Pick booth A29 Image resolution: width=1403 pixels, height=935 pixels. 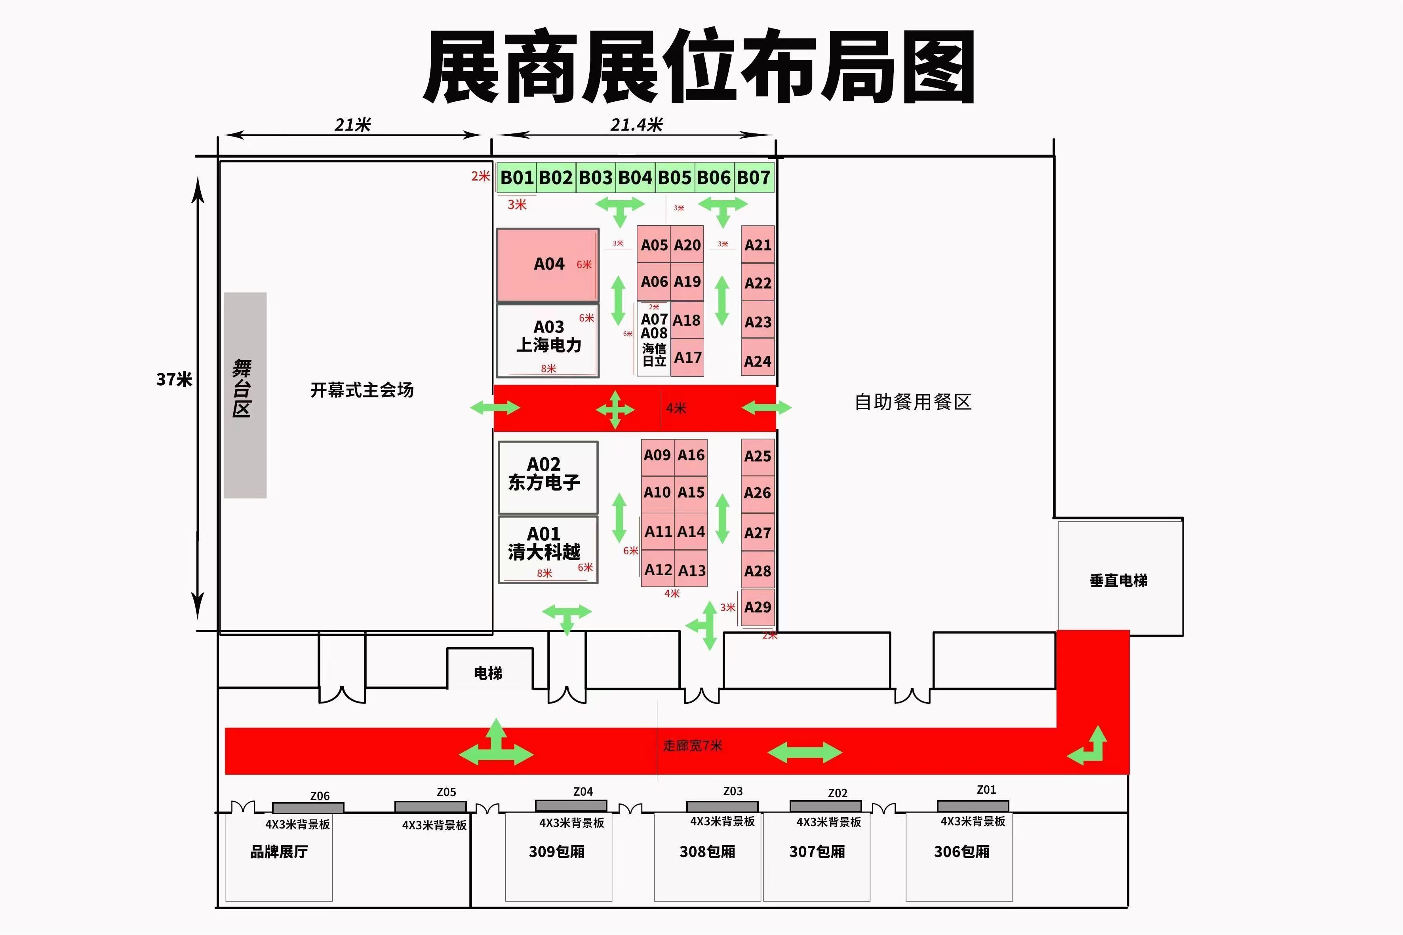tap(758, 607)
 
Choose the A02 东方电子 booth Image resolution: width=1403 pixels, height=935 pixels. tap(548, 477)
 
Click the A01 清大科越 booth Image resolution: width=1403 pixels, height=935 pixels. tap(548, 549)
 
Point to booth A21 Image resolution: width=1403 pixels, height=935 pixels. tap(758, 245)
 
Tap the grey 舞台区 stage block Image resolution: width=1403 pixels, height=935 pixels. tap(245, 395)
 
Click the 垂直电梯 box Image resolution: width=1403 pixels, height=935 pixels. tap(1119, 580)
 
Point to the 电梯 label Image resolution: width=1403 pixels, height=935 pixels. tap(488, 673)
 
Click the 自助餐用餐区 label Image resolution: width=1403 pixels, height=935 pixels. tap(913, 402)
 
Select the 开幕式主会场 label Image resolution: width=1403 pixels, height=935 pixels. tap(362, 390)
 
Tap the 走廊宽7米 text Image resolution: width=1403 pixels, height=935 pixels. tap(693, 746)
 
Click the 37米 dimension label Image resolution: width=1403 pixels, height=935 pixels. tap(173, 379)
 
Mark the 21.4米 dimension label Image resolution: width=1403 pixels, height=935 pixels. tap(636, 125)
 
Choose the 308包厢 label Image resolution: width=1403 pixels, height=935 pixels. tap(707, 851)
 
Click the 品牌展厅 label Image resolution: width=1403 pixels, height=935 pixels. tap(278, 851)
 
